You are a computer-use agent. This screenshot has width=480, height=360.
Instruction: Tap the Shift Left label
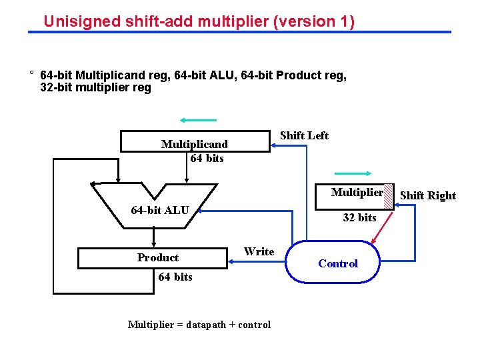[x=304, y=135]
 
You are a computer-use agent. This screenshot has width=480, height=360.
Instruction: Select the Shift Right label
[x=427, y=195]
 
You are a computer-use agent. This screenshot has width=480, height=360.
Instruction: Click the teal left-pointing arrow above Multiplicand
[x=198, y=121]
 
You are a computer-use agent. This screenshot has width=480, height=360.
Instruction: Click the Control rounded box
[x=337, y=263]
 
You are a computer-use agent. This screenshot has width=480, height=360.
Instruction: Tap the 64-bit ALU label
[x=160, y=211]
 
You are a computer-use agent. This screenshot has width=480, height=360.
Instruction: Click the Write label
[x=259, y=251]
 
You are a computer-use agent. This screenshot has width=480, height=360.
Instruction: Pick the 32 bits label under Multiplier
[x=359, y=217]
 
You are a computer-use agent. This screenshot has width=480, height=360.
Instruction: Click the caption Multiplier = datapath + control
[x=199, y=325]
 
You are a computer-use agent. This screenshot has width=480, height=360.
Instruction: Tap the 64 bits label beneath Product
[x=175, y=277]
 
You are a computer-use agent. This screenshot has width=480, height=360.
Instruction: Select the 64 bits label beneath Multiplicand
[x=207, y=158]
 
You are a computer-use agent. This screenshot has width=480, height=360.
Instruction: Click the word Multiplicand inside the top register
[x=194, y=144]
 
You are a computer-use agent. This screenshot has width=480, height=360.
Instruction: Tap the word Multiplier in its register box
[x=357, y=193]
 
